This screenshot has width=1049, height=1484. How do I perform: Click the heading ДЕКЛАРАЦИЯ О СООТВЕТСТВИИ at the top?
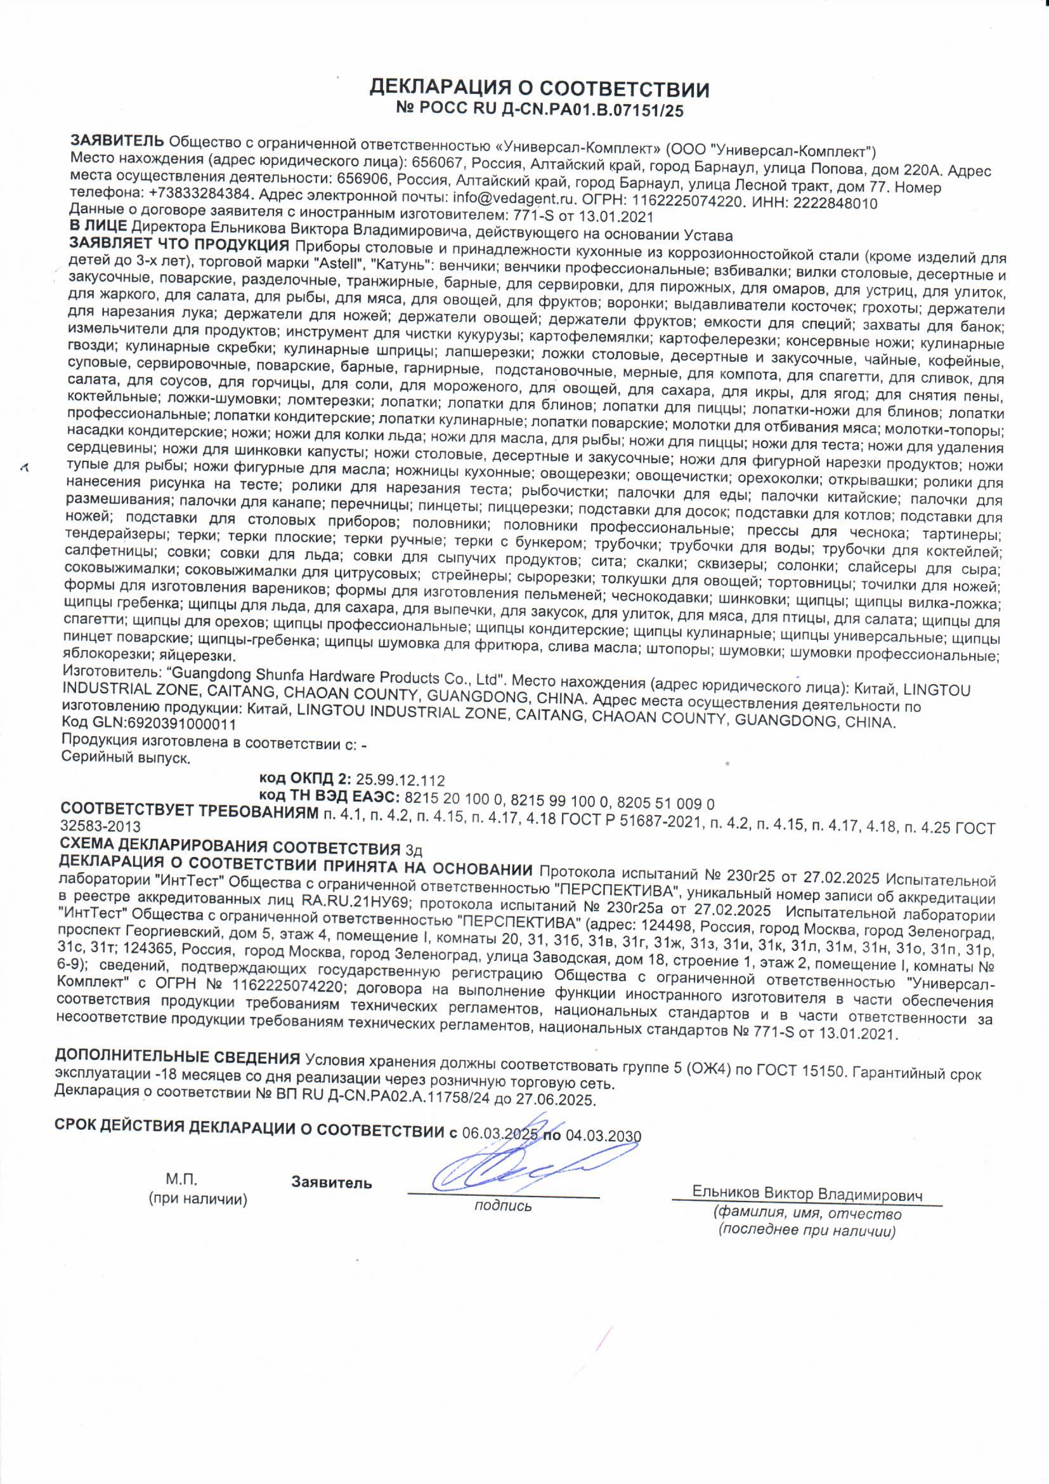[x=538, y=89]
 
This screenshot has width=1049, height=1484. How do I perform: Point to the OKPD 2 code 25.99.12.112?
[x=400, y=780]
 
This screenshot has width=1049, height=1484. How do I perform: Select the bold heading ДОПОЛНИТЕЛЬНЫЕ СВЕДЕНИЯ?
[x=178, y=1057]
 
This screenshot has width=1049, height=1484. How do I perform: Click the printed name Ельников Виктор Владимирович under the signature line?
[x=807, y=1193]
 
